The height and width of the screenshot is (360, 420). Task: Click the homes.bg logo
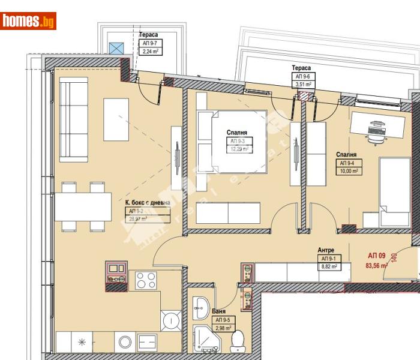[29, 22]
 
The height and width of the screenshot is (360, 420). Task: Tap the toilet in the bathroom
[238, 341]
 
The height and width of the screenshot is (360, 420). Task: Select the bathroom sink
[200, 307]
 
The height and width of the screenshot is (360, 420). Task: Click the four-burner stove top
[146, 280]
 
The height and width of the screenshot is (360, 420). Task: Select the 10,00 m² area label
[349, 171]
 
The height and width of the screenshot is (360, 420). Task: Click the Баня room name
[219, 312]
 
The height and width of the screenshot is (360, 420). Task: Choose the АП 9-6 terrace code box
[301, 76]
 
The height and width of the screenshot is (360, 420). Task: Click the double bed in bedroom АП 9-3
[232, 142]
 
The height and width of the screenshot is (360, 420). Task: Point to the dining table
[83, 206]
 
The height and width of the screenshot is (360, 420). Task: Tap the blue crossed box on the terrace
[117, 48]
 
